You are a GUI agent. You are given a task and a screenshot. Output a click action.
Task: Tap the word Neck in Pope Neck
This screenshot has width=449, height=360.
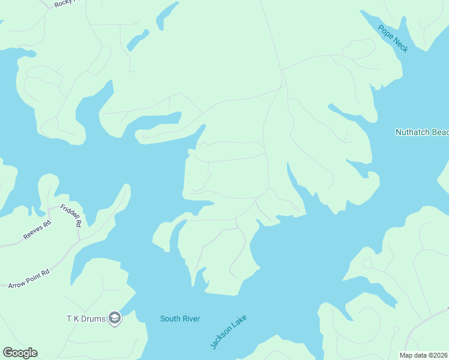tap(400, 46)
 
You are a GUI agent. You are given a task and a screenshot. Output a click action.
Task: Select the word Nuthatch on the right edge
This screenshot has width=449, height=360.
tap(411, 132)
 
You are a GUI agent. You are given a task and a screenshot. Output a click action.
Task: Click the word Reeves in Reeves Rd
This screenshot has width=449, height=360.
tap(34, 232)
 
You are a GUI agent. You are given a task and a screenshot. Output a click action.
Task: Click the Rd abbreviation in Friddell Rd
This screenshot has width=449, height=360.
tap(78, 223)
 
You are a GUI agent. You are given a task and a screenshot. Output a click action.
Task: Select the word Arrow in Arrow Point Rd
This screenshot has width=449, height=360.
tap(18, 284)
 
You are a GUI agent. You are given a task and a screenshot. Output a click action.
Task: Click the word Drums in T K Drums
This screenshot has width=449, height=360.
tap(94, 318)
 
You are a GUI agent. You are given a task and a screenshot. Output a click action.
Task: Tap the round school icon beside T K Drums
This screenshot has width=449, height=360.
tap(115, 319)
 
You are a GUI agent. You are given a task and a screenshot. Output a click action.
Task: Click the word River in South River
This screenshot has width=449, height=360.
tap(191, 319)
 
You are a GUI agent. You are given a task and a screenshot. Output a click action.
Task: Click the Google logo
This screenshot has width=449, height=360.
tap(20, 353)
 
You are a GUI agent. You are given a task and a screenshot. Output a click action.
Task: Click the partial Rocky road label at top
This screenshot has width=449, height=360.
tap(62, 4)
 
